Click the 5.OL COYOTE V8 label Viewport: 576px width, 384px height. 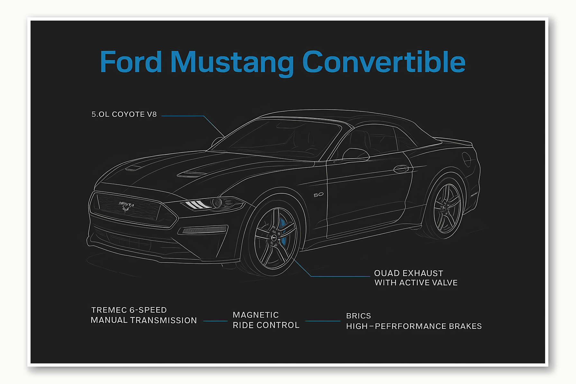(124, 114)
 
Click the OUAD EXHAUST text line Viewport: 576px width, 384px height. (408, 273)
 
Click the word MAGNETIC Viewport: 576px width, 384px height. (256, 315)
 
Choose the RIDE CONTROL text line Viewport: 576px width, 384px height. (266, 325)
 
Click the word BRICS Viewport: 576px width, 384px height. (359, 316)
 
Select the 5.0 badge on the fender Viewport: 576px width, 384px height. (318, 195)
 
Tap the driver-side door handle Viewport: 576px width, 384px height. (401, 169)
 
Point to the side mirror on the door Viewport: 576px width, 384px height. (355, 154)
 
